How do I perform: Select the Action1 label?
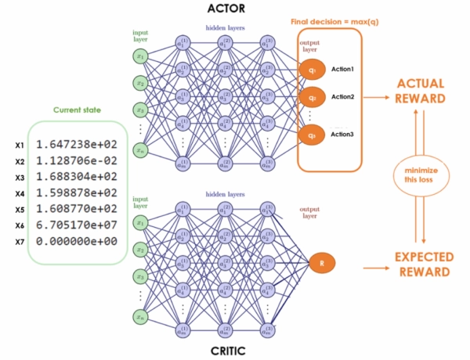pyautogui.click(x=342, y=70)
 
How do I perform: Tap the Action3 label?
pyautogui.click(x=342, y=135)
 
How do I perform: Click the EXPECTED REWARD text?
pyautogui.click(x=421, y=264)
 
